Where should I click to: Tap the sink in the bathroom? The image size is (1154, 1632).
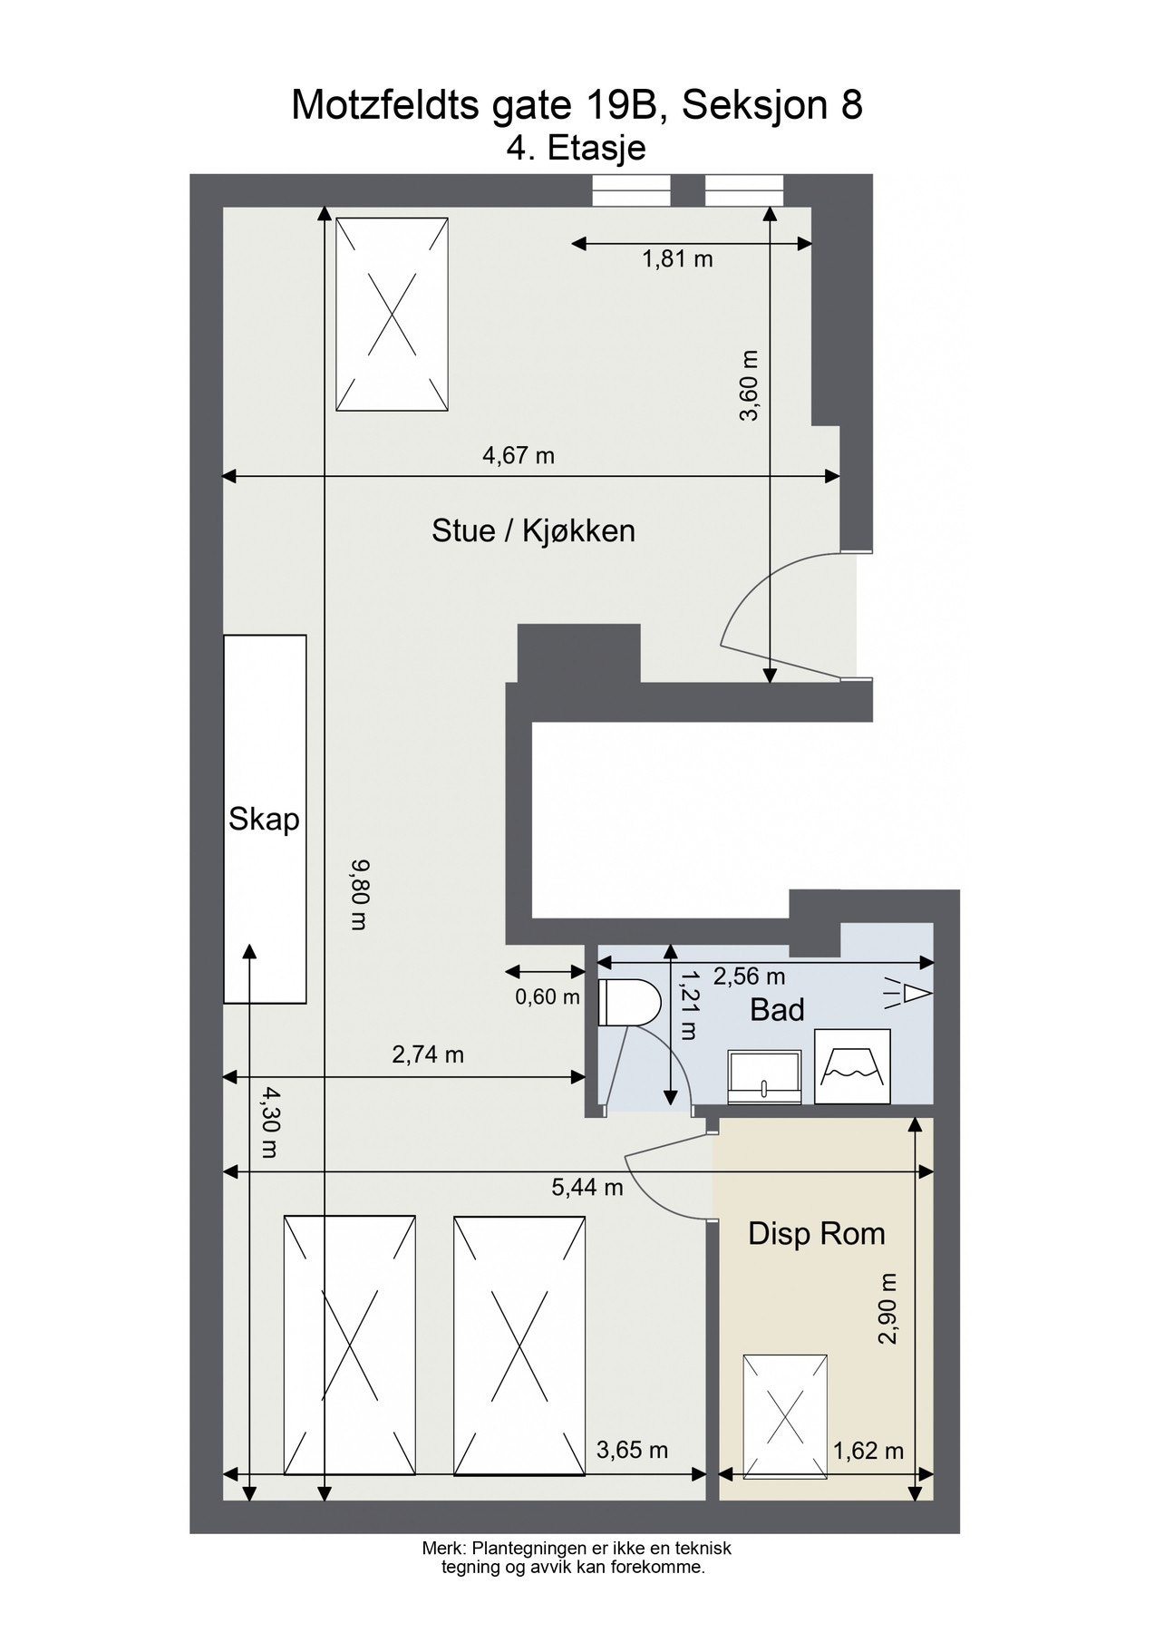coord(765,1078)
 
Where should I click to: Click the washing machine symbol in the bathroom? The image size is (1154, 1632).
coord(852,1066)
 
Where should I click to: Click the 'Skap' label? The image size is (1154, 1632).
coord(264,820)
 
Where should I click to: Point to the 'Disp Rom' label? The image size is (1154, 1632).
coord(816,1234)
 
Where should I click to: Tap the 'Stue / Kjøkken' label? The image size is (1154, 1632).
coord(533,530)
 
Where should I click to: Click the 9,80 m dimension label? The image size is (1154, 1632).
coord(360,896)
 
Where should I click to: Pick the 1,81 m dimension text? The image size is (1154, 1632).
coord(677,259)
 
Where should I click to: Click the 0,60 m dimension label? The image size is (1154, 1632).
coord(548,997)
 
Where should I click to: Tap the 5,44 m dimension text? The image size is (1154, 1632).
coord(587,1187)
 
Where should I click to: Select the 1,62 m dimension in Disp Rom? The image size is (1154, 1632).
coord(868,1451)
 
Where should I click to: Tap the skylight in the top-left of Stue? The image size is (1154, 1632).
coord(393,315)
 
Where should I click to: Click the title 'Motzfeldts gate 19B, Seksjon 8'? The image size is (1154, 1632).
coord(577,106)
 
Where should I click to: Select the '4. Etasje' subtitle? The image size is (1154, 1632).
coord(577,147)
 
